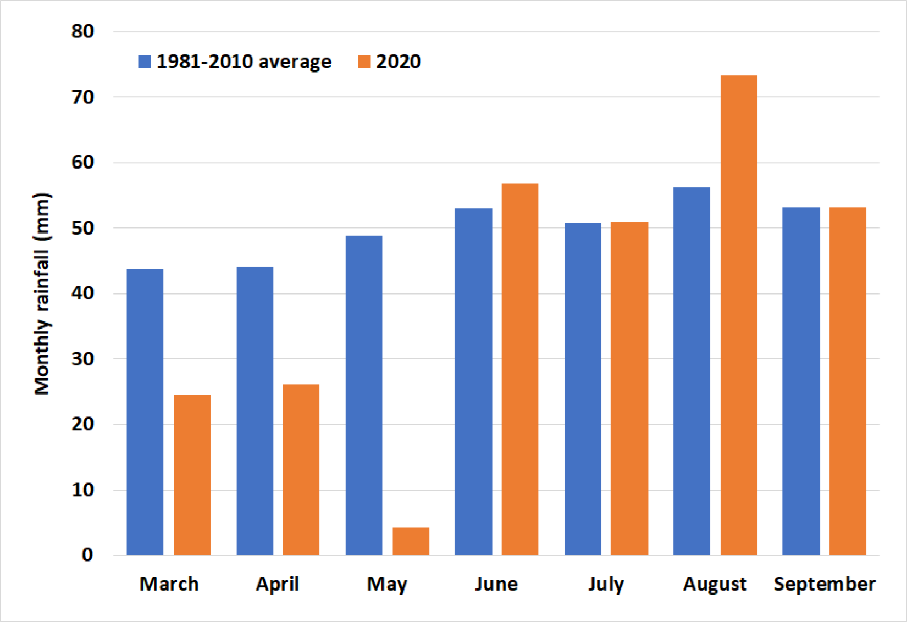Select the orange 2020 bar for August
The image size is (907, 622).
coord(739,315)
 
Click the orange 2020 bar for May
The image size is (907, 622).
coord(411,541)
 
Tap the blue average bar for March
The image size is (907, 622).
coord(145,412)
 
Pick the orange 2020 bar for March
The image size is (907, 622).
coord(192,475)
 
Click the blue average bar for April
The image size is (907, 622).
coord(255,411)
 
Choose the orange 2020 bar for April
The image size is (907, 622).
coord(301,469)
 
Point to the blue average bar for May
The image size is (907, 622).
coord(363,395)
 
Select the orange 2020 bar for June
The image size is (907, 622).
coord(520,369)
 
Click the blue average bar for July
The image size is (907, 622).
coord(583,389)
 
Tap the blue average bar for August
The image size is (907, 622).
coord(692,371)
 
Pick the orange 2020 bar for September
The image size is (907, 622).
coord(848,381)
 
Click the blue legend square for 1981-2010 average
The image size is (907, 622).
coord(145,62)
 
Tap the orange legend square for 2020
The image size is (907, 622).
coord(364,62)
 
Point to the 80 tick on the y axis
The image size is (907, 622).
coord(82,31)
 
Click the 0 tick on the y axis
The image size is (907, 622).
coord(87,555)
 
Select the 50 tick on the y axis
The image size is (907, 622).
coord(82,228)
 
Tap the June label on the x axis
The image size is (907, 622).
coord(496,584)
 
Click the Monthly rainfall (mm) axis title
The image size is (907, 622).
coord(42,294)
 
